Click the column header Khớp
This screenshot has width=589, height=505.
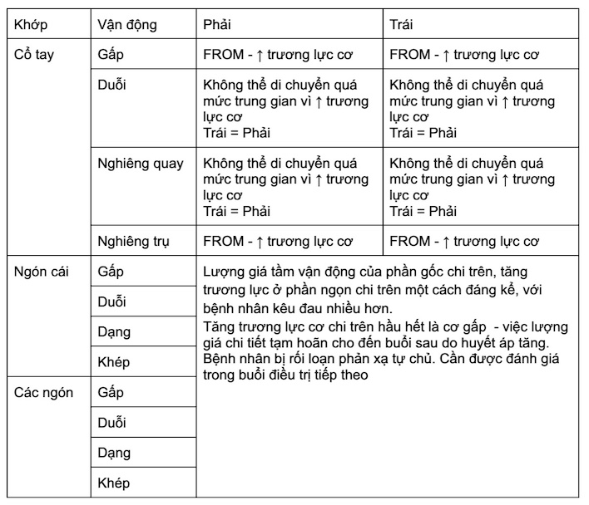[x=30, y=24]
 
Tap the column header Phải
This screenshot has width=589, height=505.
[x=217, y=24]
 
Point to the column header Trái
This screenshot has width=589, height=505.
[x=402, y=24]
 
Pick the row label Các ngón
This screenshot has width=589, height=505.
[x=43, y=392]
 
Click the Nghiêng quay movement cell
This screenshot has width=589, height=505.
[x=141, y=163]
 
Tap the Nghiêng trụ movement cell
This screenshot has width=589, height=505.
[x=134, y=242]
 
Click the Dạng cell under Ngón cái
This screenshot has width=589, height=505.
[x=114, y=332]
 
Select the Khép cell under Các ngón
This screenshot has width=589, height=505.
[x=114, y=483]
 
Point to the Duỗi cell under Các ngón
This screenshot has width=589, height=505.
[x=112, y=423]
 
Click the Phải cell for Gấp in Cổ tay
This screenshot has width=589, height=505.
[x=279, y=55]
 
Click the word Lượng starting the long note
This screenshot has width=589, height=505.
[x=225, y=272]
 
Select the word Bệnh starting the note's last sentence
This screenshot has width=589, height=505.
[x=220, y=358]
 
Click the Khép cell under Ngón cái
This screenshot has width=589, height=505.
[x=114, y=362]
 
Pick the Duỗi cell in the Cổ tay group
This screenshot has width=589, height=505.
[x=112, y=85]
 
